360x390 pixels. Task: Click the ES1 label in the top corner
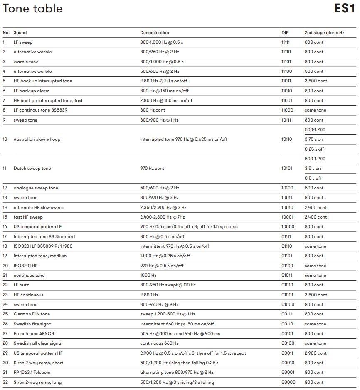click(345, 9)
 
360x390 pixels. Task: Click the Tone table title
click(32, 9)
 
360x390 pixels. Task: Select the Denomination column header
click(154, 32)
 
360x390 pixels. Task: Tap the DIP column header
click(285, 32)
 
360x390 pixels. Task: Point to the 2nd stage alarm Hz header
click(324, 32)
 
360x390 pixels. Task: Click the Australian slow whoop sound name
click(37, 139)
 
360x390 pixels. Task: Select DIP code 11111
click(286, 42)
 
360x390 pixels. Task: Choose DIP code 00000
click(288, 382)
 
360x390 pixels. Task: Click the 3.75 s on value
click(314, 139)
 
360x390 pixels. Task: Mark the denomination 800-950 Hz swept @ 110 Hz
click(168, 285)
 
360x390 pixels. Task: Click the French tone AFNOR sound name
click(34, 333)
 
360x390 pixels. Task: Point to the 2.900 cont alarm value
click(316, 353)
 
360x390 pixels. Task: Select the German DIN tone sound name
click(32, 314)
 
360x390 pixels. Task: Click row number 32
click(5, 382)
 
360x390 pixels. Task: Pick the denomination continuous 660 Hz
click(159, 343)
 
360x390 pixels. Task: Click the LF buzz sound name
click(21, 285)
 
